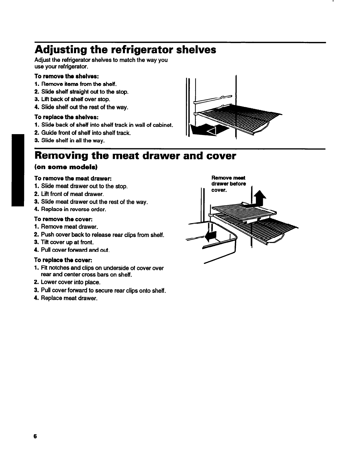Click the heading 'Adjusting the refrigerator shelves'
[125, 50]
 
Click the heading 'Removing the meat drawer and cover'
[135, 156]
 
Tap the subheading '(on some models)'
[66, 168]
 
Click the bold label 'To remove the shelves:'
[67, 77]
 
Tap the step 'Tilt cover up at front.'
[67, 242]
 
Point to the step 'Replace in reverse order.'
[73, 209]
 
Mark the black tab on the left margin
[17, 170]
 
